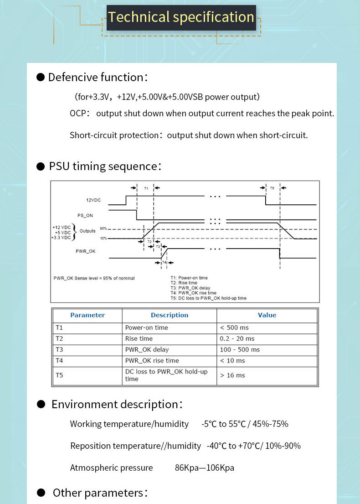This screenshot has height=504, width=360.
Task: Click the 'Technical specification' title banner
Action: pyautogui.click(x=181, y=17)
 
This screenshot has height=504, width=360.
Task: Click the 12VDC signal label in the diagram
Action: pyautogui.click(x=93, y=200)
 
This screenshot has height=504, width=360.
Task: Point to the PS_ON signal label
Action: pyautogui.click(x=85, y=215)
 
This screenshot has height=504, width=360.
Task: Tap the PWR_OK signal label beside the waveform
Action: pyautogui.click(x=85, y=251)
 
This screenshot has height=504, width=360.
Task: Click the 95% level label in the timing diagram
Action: pyautogui.click(x=103, y=229)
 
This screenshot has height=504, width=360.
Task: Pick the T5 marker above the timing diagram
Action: pyautogui.click(x=273, y=188)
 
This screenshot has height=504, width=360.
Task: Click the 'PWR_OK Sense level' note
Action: pyautogui.click(x=94, y=278)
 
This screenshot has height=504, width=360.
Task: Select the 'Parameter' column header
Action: pyautogui.click(x=87, y=315)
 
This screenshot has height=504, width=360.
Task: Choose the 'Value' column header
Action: pyautogui.click(x=267, y=315)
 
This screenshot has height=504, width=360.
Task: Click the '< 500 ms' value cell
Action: pyautogui.click(x=234, y=327)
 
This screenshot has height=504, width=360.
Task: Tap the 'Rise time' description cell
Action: pyautogui.click(x=139, y=338)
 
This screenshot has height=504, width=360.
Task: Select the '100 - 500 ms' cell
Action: pyautogui.click(x=240, y=349)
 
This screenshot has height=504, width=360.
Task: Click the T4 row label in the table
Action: pyautogui.click(x=59, y=360)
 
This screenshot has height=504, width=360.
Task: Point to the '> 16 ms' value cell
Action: pyautogui.click(x=232, y=375)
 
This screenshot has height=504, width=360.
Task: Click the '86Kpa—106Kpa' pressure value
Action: pyautogui.click(x=205, y=468)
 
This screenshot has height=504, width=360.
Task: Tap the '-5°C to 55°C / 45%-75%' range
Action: pyautogui.click(x=245, y=424)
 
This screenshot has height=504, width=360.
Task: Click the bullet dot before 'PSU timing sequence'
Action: pyautogui.click(x=41, y=166)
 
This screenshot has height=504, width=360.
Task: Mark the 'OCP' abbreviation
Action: pyautogui.click(x=78, y=114)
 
